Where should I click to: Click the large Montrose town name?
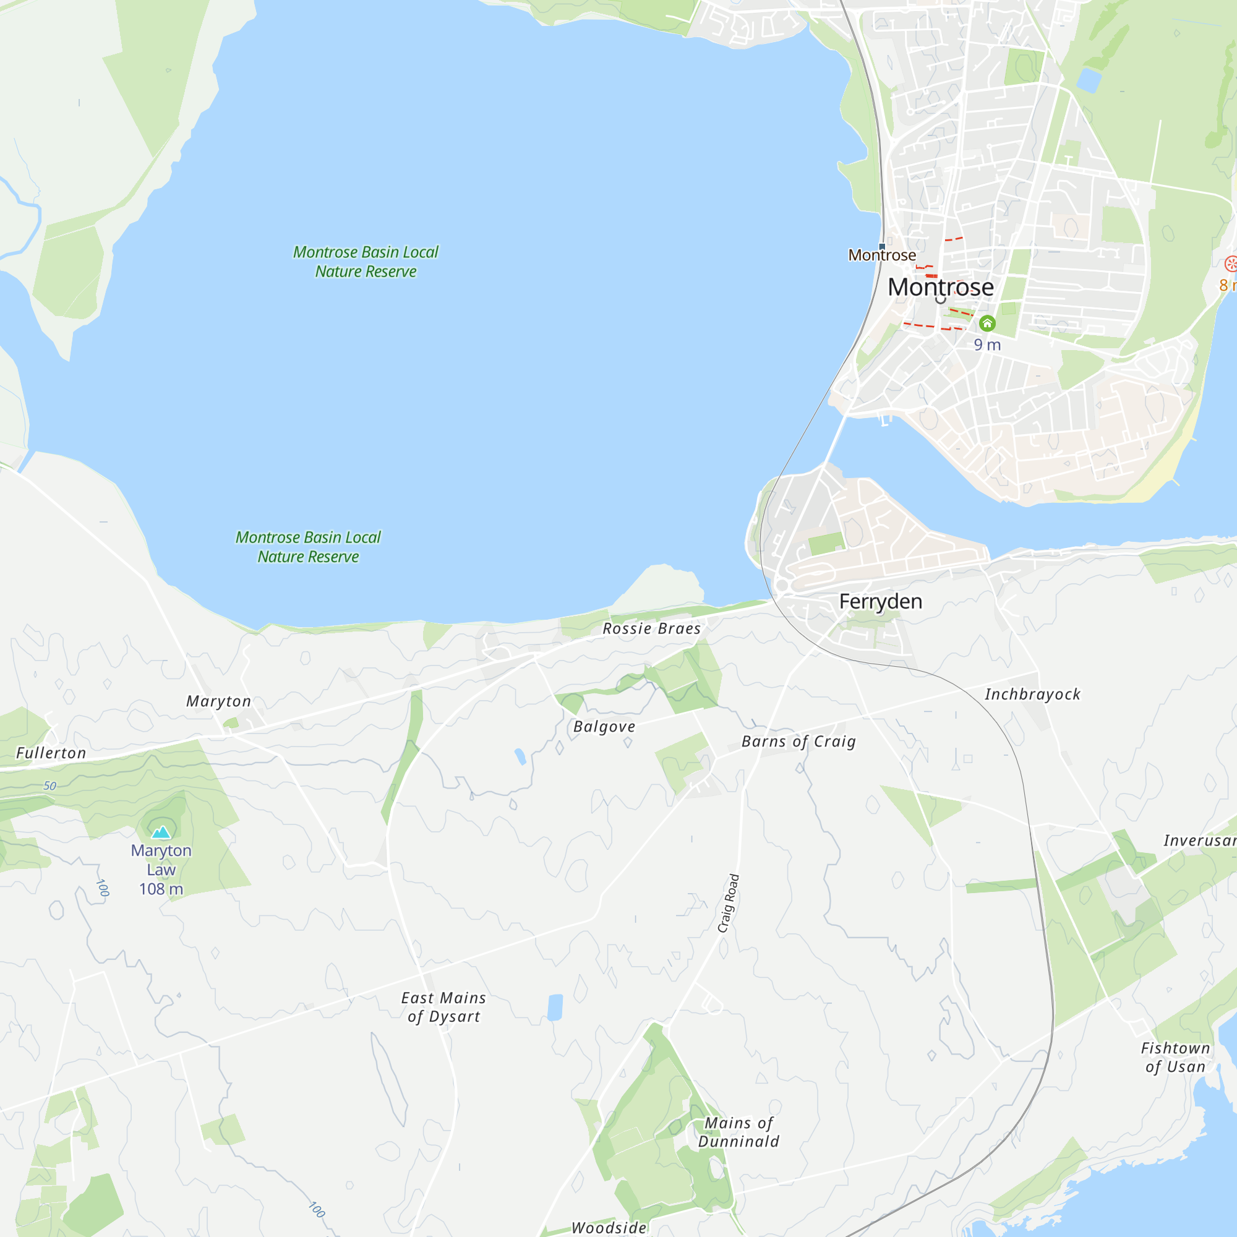pyautogui.click(x=940, y=287)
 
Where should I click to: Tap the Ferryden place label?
pyautogui.click(x=880, y=601)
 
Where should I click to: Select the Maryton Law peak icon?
pyautogui.click(x=161, y=833)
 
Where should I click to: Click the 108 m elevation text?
pyautogui.click(x=161, y=889)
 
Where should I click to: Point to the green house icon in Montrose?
pyautogui.click(x=987, y=323)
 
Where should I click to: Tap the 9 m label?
pyautogui.click(x=987, y=345)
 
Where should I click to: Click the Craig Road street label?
pyautogui.click(x=729, y=903)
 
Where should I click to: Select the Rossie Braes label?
pyautogui.click(x=651, y=629)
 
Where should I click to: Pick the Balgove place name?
pyautogui.click(x=604, y=727)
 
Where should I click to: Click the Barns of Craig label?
pyautogui.click(x=798, y=742)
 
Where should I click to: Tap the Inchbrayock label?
pyautogui.click(x=1032, y=694)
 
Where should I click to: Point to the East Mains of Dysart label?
pyautogui.click(x=443, y=1007)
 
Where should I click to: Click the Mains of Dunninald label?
pyautogui.click(x=738, y=1132)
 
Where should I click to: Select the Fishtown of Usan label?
pyautogui.click(x=1176, y=1057)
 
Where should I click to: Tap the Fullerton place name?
pyautogui.click(x=51, y=753)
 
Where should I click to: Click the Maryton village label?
pyautogui.click(x=218, y=701)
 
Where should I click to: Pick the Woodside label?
pyautogui.click(x=609, y=1227)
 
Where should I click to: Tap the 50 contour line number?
pyautogui.click(x=50, y=786)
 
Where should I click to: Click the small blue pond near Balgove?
pyautogui.click(x=520, y=757)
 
